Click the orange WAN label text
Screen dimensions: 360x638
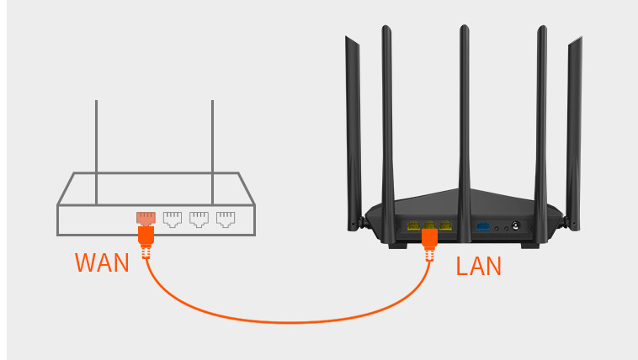click(102, 262)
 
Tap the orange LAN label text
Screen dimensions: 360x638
click(478, 267)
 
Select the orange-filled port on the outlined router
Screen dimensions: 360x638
click(146, 219)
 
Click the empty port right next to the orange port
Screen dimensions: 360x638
click(173, 220)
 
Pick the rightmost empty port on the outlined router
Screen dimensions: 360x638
click(225, 220)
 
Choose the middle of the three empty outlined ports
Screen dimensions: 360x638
click(199, 220)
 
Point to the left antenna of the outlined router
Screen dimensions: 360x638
click(96, 151)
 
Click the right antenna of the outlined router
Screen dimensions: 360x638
click(212, 151)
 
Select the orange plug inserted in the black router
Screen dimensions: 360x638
click(429, 239)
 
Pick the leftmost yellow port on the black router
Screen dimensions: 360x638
click(413, 225)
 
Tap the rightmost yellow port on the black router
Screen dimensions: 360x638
click(444, 225)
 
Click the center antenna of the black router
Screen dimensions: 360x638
click(464, 109)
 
